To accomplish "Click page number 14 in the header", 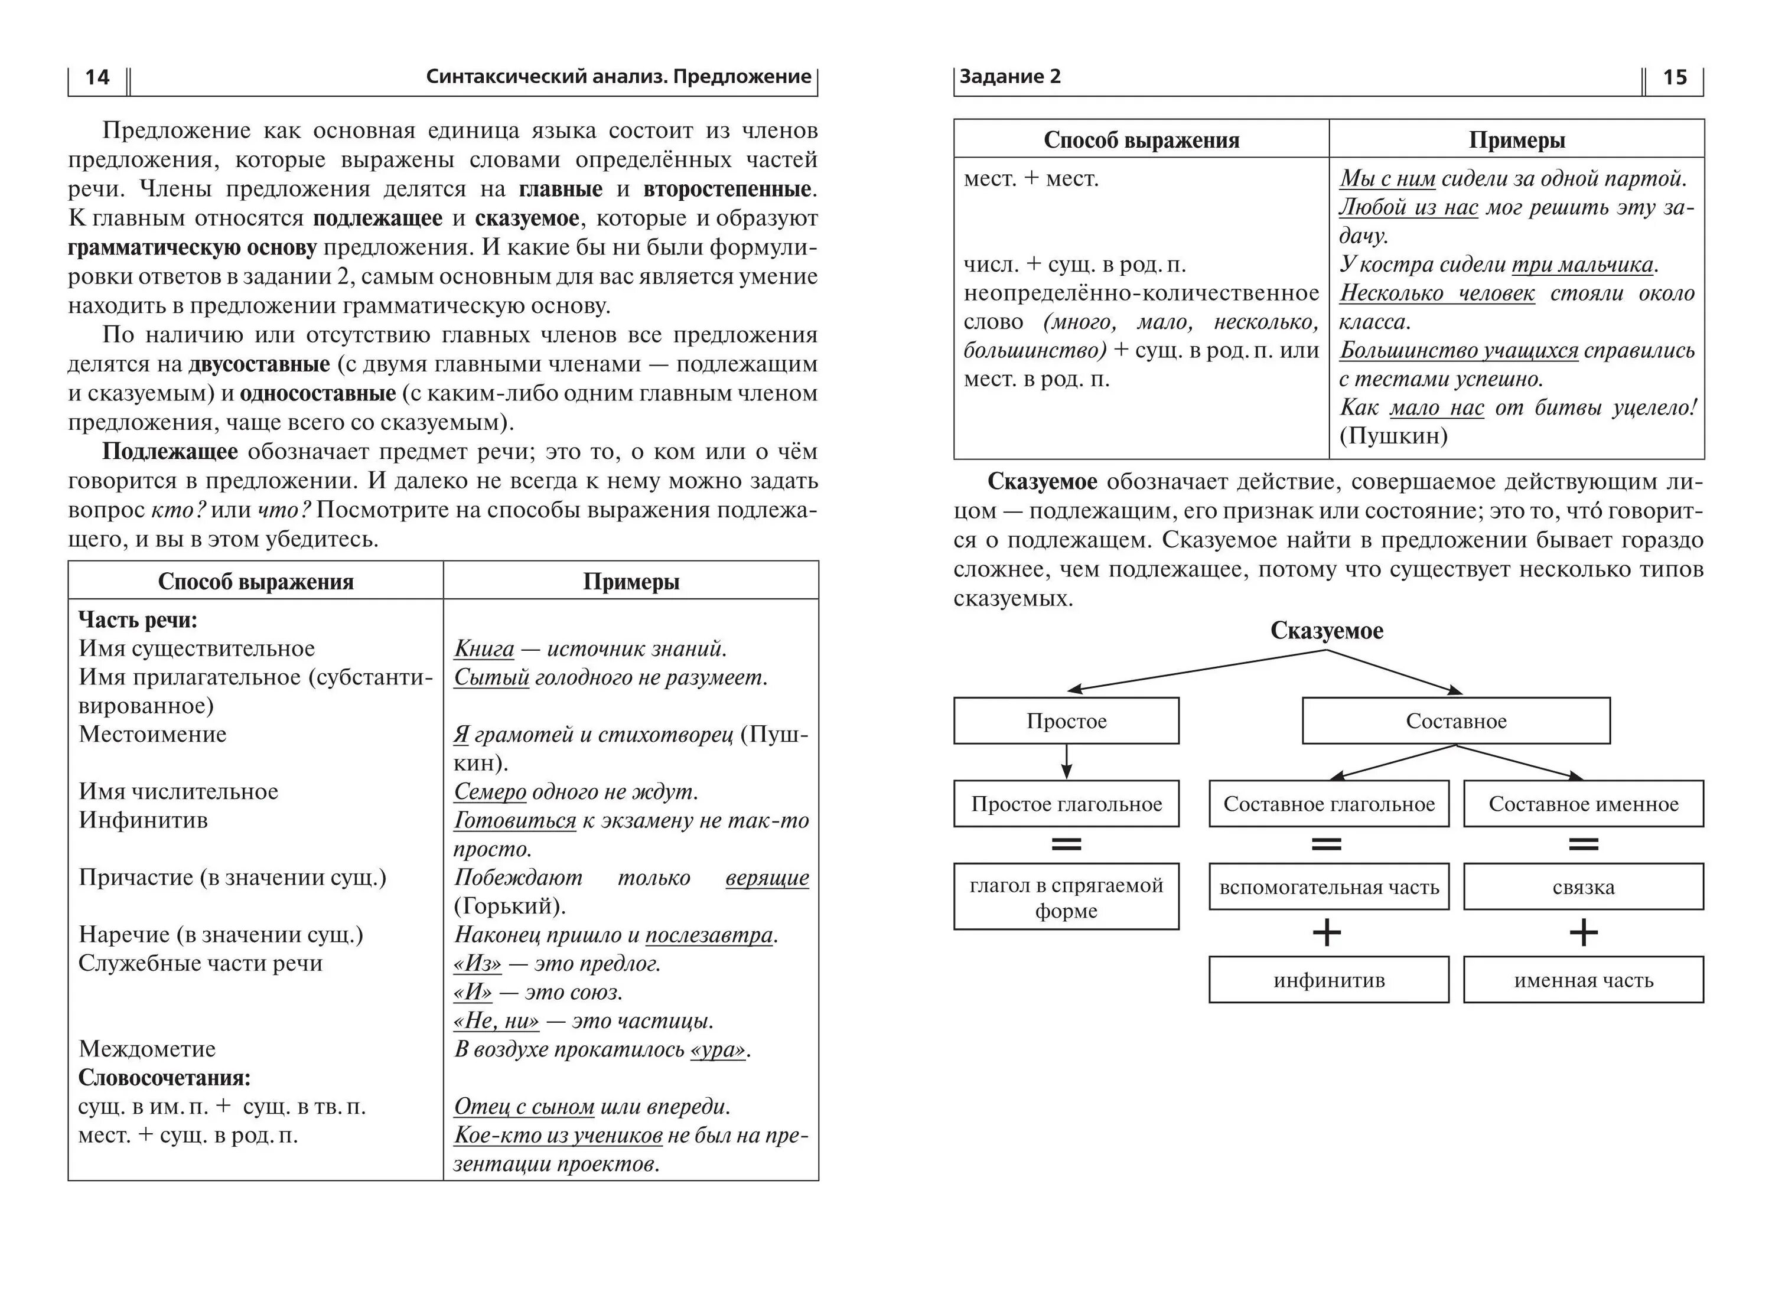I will click(97, 77).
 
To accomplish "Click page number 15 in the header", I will click(1675, 77).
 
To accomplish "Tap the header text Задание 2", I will click(1010, 76).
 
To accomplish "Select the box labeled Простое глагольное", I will click(1066, 804).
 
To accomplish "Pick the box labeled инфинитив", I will click(1329, 980).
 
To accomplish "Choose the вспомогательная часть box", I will click(1329, 887).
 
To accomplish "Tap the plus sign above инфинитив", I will click(1327, 932).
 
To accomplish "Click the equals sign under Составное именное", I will click(1584, 844).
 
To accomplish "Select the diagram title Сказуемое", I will click(1327, 631).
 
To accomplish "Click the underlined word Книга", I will click(484, 649).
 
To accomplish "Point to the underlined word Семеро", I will click(490, 792).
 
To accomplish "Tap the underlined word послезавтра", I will click(709, 935).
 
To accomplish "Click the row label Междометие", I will click(147, 1049).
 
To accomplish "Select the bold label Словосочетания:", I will click(164, 1078).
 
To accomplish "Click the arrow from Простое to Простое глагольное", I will click(1066, 761).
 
